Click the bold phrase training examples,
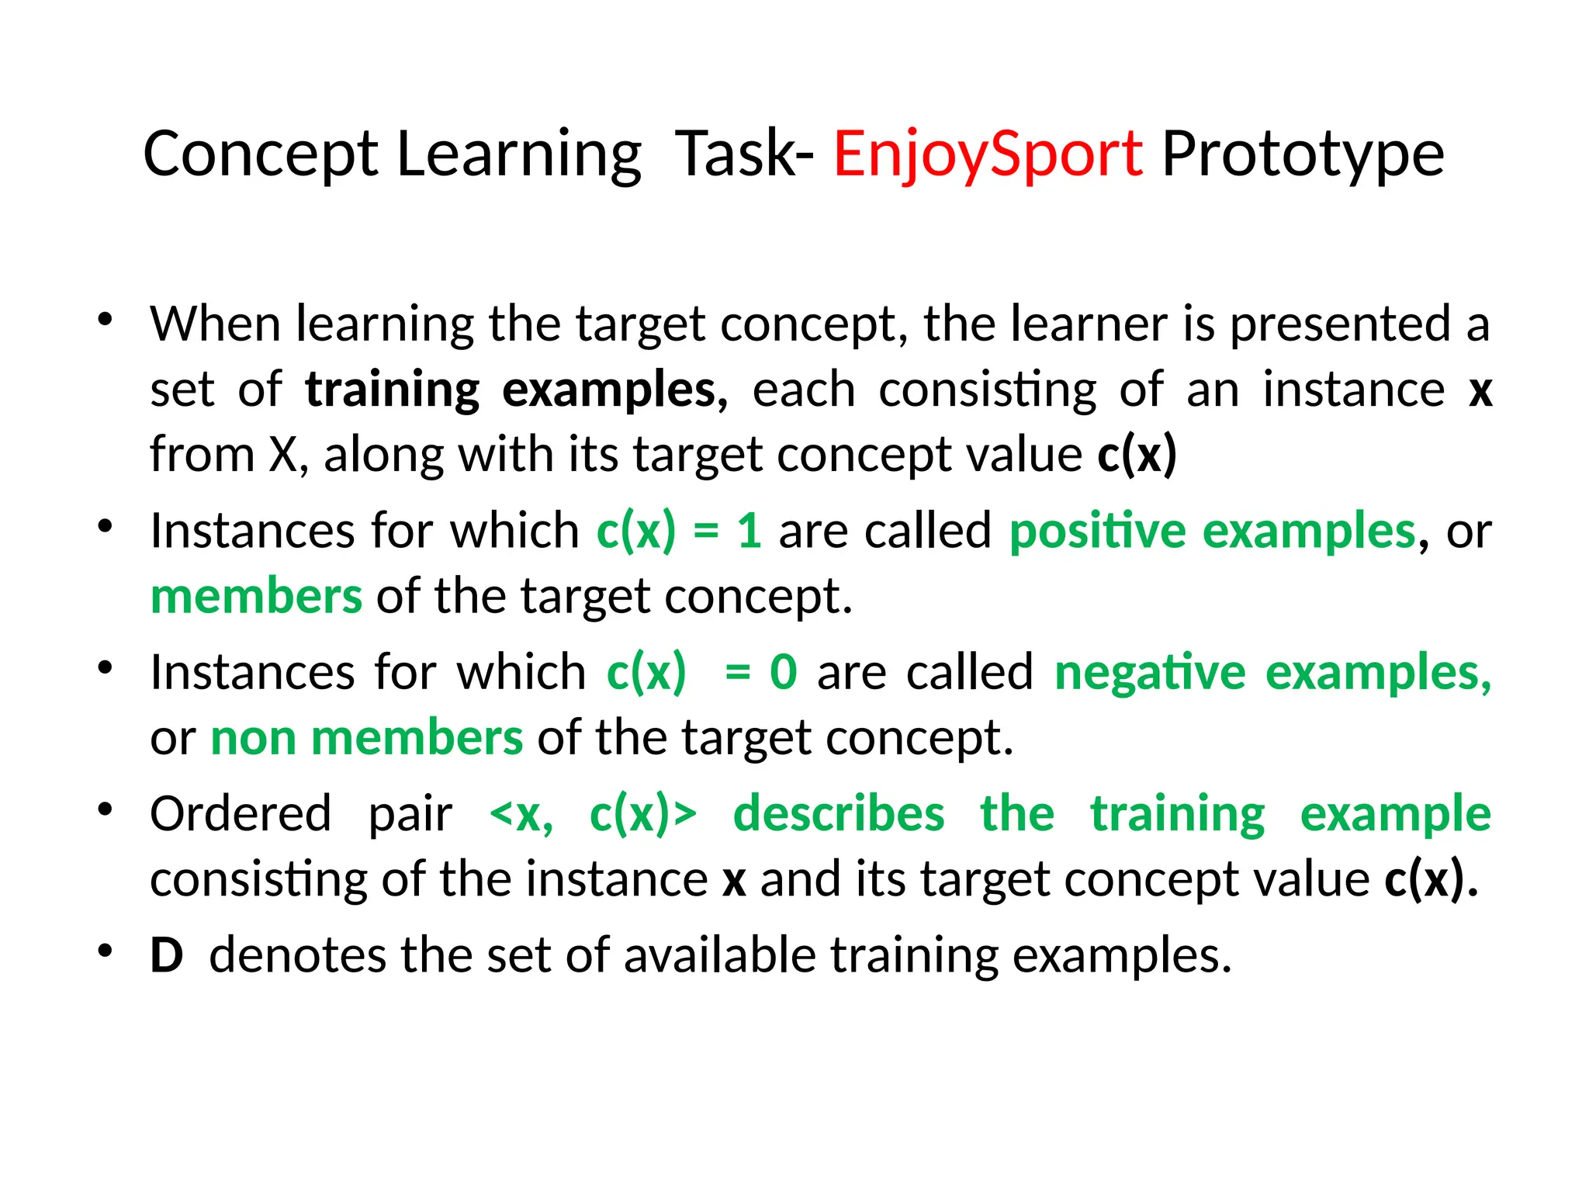point(517,390)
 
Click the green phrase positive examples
point(1213,532)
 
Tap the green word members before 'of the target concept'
point(256,597)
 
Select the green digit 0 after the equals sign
point(783,672)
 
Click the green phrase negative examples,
point(1272,672)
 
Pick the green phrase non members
point(367,738)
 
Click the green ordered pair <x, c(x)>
point(594,814)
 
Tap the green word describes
point(839,814)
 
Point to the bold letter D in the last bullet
point(167,955)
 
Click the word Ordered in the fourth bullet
point(241,814)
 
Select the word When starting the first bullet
point(215,324)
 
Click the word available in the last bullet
point(719,955)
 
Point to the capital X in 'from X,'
point(282,454)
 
